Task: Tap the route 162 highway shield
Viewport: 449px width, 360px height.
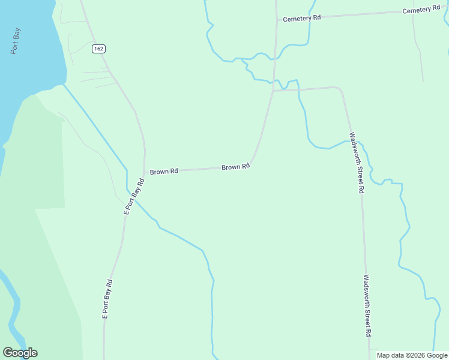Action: point(98,48)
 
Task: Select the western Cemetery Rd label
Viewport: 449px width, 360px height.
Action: point(302,19)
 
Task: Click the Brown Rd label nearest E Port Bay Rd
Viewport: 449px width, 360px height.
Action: point(164,172)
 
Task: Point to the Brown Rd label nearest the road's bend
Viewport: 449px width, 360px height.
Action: point(235,167)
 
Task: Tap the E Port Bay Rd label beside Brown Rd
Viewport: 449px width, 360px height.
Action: point(134,196)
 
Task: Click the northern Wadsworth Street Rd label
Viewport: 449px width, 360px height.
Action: point(357,163)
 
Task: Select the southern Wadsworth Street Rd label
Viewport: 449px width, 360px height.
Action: point(368,305)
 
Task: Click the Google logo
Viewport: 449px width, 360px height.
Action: point(20,353)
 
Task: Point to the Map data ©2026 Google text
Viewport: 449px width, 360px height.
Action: point(412,355)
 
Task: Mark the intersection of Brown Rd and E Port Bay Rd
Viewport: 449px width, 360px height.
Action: point(145,172)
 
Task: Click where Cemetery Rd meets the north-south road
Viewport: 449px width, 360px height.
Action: point(276,20)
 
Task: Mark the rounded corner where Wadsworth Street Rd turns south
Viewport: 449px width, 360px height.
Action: point(340,90)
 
